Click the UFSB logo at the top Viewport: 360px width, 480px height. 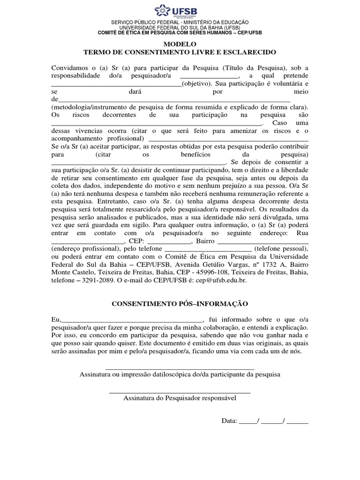[180, 10]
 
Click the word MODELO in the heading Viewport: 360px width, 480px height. [180, 44]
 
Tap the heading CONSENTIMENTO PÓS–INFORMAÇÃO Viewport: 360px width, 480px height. [180, 304]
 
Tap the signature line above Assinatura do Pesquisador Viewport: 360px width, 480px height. [180, 391]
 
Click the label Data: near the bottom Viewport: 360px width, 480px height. [230, 420]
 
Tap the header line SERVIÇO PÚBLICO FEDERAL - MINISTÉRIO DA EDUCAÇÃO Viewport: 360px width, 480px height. [180, 22]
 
